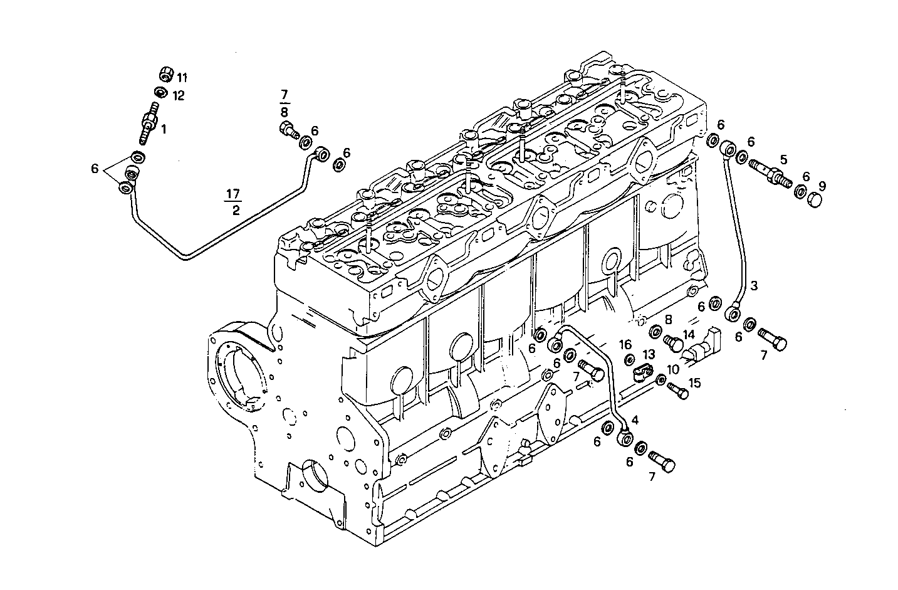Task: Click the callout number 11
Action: click(x=182, y=78)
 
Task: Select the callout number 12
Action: click(x=179, y=95)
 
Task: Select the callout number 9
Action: click(x=822, y=186)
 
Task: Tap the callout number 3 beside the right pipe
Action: click(x=754, y=286)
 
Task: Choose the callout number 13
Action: click(x=648, y=354)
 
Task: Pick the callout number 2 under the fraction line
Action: click(x=236, y=211)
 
